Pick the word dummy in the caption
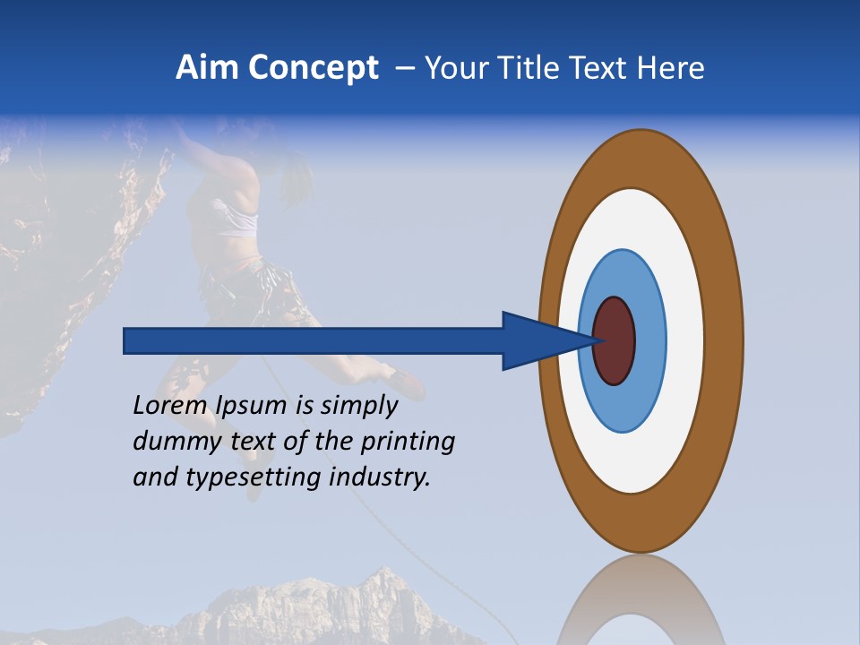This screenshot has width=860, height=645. (169, 442)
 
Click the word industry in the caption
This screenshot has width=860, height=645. (380, 477)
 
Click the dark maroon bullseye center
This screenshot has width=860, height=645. (615, 340)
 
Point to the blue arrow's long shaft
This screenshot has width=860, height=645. (314, 340)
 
